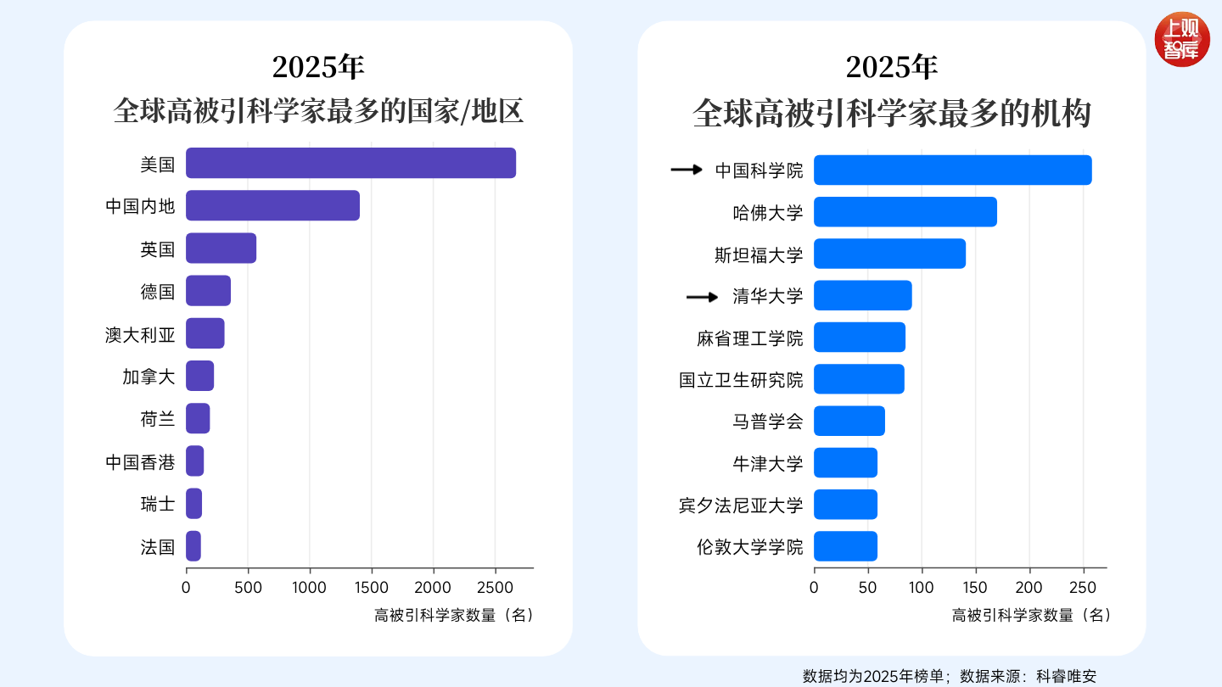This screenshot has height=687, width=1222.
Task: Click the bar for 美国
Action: (x=350, y=163)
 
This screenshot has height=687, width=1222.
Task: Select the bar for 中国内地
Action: (x=272, y=205)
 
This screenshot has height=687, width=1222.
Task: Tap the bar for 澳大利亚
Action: (x=205, y=333)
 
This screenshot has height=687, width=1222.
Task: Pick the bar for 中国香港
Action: (x=195, y=461)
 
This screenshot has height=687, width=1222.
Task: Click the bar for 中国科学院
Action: (x=952, y=170)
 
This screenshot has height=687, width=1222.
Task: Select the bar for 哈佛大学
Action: (x=905, y=211)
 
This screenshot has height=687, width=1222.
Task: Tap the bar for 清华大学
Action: (x=862, y=295)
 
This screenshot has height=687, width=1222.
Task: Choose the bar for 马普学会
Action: (x=849, y=421)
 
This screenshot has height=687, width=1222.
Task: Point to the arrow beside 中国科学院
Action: (x=687, y=170)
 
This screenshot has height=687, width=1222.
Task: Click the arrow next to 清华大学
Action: (x=702, y=297)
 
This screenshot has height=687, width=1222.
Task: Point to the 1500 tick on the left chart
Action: (x=372, y=587)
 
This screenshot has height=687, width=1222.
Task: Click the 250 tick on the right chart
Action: (x=1083, y=587)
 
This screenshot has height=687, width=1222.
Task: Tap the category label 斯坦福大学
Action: (x=759, y=254)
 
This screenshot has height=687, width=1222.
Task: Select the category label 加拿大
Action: (x=149, y=377)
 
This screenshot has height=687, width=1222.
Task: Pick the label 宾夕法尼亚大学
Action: (x=740, y=505)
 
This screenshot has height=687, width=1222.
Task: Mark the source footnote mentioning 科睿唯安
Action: (x=949, y=676)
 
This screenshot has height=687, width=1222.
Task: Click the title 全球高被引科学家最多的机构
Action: (x=891, y=113)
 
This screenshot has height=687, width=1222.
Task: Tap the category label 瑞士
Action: (x=157, y=504)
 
